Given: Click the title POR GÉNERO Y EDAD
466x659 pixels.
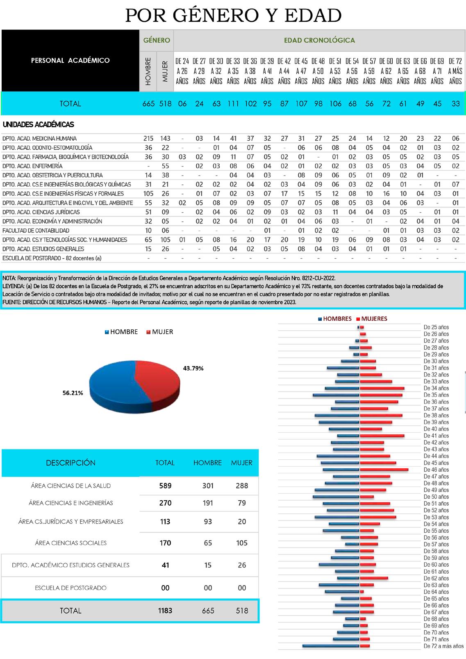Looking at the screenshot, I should [x=233, y=16].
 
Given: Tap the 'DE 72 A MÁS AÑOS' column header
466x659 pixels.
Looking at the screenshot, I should [x=455, y=71].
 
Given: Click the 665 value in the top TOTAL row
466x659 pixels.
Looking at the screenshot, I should [x=148, y=104].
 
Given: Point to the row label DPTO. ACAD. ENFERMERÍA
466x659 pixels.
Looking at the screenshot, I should [x=32, y=166].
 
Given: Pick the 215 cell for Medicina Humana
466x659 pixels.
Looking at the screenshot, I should [x=148, y=139].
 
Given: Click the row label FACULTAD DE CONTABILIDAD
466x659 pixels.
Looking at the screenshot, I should [x=36, y=230].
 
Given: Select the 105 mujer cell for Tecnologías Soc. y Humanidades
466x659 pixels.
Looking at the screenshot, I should [x=165, y=240].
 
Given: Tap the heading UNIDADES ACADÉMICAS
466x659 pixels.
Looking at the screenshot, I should [x=38, y=125].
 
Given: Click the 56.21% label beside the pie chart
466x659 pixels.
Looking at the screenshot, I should [x=73, y=393].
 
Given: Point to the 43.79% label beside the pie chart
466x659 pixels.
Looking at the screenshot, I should [x=193, y=368].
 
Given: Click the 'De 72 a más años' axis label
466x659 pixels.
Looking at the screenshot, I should [x=443, y=646].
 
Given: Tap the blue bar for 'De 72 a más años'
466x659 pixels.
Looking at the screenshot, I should [x=331, y=646].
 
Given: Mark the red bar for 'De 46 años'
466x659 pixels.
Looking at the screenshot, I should [x=384, y=470].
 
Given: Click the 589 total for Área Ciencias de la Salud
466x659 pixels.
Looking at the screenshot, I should [x=165, y=486].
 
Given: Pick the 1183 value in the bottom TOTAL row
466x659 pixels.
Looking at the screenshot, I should [x=165, y=611].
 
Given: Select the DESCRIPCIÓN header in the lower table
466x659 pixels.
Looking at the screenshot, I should [x=70, y=463].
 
